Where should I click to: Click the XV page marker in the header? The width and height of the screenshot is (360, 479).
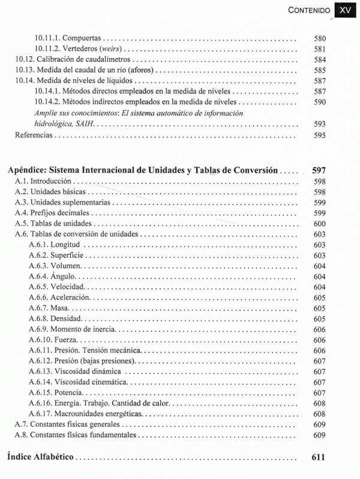click(344, 10)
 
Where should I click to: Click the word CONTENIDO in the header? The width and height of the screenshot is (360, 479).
click(310, 10)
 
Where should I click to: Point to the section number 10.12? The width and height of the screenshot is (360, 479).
click(25, 60)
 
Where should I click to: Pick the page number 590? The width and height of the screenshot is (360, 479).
click(320, 103)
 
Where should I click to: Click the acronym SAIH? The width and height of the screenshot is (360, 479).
click(85, 124)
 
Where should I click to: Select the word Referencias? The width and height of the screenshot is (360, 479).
click(34, 135)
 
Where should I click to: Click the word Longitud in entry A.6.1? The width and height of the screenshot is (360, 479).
click(66, 245)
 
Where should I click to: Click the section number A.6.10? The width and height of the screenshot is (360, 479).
click(40, 340)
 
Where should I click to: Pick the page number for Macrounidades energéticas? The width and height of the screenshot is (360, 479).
click(319, 414)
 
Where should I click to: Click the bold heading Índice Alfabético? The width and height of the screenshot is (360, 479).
click(41, 457)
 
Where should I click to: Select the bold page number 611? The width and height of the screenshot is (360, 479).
click(319, 457)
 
